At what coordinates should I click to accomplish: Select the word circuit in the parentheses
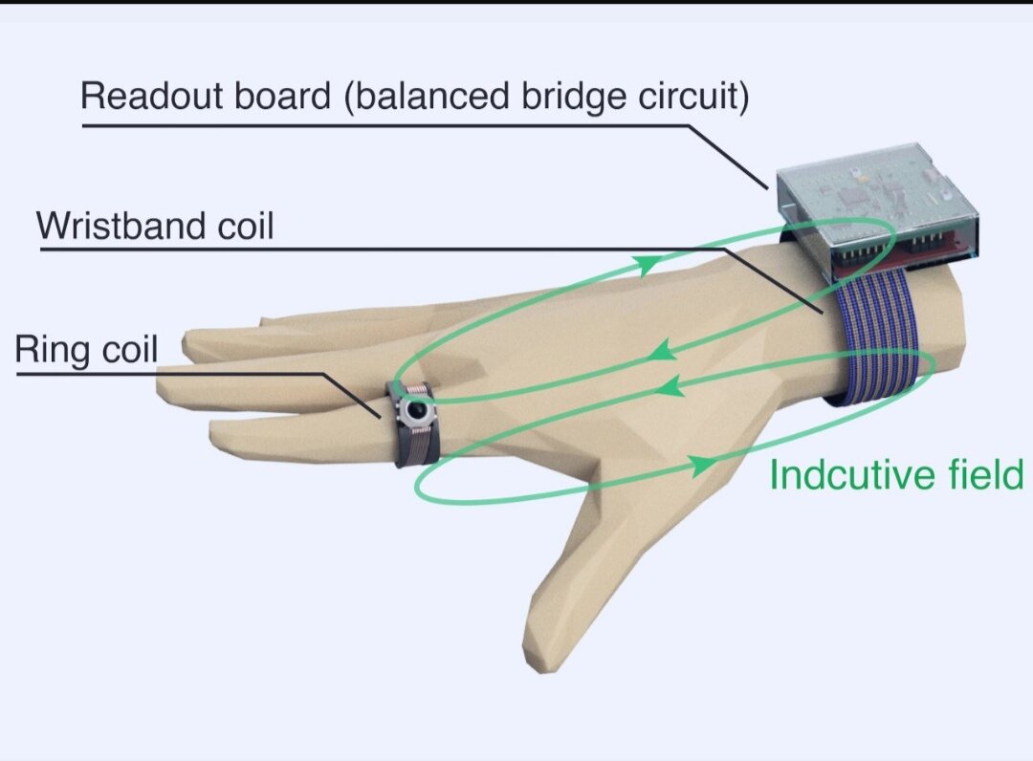(x=694, y=98)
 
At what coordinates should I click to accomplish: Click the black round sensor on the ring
(x=415, y=411)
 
